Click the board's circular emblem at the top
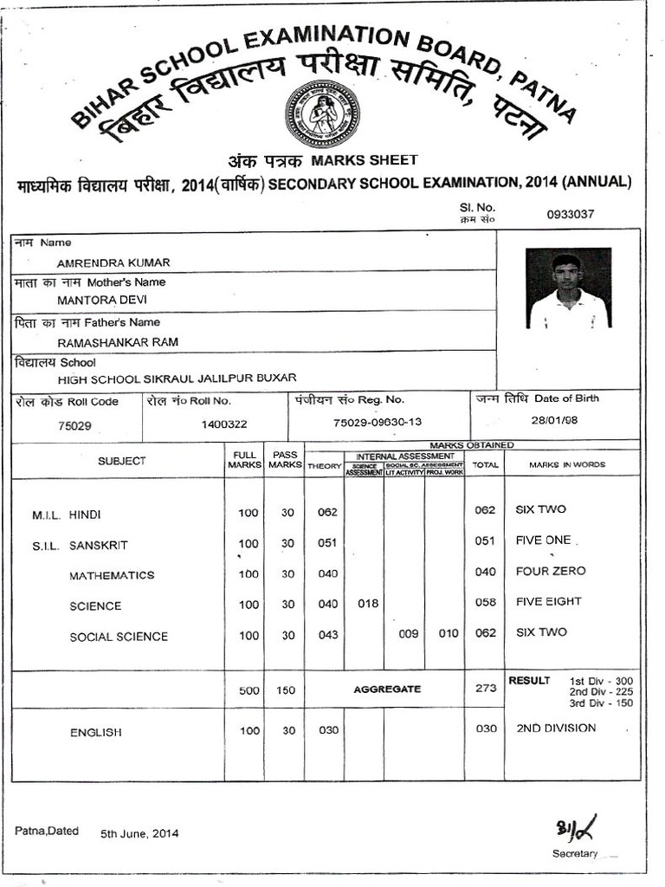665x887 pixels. (x=322, y=113)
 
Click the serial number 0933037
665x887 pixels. (x=570, y=214)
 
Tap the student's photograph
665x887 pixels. (x=568, y=288)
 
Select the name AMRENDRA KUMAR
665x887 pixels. (x=113, y=262)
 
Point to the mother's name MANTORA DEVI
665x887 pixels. (x=102, y=300)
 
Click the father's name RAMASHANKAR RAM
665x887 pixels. (x=117, y=342)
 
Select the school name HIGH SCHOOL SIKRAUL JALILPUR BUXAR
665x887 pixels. (x=177, y=379)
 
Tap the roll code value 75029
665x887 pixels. (x=74, y=426)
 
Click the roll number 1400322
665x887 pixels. (x=224, y=424)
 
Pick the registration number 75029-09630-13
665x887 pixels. (x=378, y=422)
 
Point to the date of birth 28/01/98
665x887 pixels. (x=554, y=419)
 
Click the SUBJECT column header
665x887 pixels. (x=121, y=462)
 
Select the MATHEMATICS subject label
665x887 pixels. (x=112, y=575)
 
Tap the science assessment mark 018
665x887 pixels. (x=368, y=604)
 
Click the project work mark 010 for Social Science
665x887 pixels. (x=449, y=634)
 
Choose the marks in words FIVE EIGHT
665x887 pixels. (x=548, y=601)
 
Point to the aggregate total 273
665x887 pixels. (x=486, y=689)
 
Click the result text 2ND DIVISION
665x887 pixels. (x=556, y=728)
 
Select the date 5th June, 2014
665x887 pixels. (x=139, y=833)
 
